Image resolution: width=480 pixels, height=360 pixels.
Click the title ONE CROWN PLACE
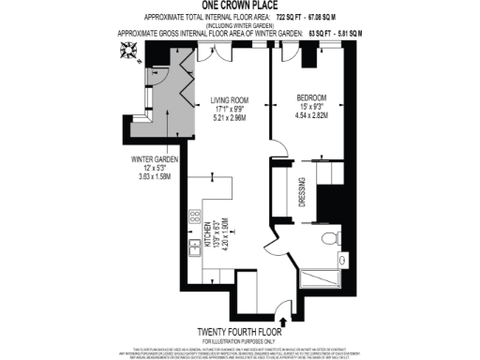click(x=240, y=7)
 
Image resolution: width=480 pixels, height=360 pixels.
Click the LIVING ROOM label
click(x=231, y=99)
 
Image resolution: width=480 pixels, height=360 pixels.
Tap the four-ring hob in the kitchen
click(x=195, y=218)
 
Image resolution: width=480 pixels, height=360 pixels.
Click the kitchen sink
click(x=196, y=247)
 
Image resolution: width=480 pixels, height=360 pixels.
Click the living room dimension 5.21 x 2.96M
click(x=230, y=119)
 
